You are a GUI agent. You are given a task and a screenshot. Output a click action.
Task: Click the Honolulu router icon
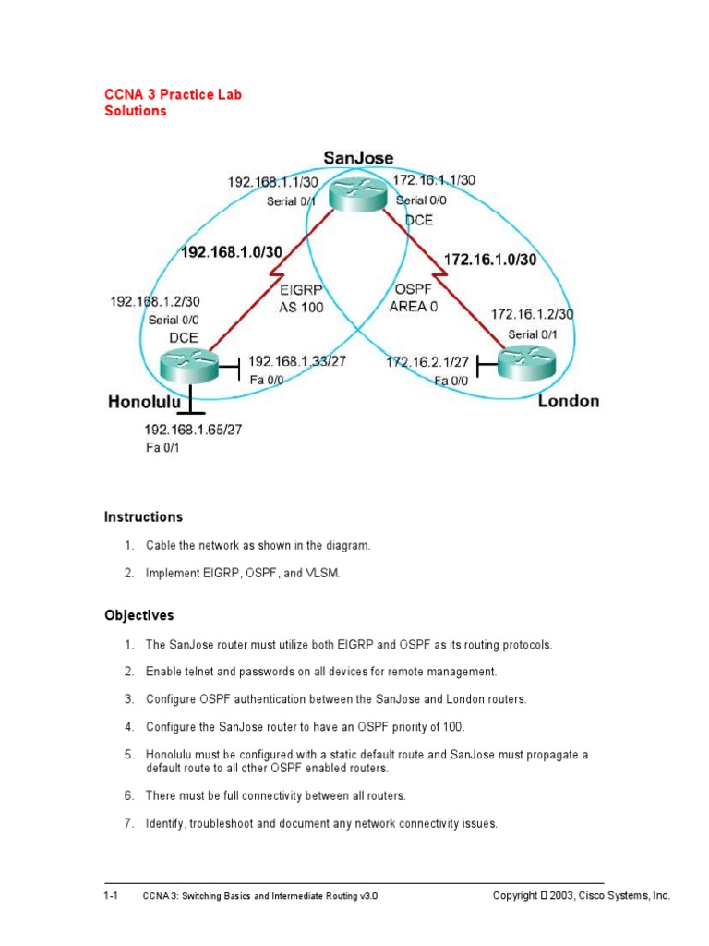188,365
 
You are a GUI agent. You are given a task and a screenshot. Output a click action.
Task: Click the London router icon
527,363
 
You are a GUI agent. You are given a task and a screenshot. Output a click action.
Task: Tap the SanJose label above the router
358,159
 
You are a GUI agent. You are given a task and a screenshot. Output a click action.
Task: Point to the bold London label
569,401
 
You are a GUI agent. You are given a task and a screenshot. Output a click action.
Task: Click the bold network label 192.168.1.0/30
232,250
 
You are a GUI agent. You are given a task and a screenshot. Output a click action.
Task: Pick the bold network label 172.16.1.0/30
490,261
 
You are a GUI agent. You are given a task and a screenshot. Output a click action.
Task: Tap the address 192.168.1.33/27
297,361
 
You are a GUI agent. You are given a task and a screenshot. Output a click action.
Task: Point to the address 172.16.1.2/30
532,314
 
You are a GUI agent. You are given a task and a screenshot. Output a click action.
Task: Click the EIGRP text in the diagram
300,289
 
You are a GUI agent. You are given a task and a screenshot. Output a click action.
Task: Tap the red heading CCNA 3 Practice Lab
173,94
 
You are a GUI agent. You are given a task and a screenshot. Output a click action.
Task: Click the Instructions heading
143,517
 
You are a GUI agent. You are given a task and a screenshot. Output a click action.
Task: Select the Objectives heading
138,615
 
